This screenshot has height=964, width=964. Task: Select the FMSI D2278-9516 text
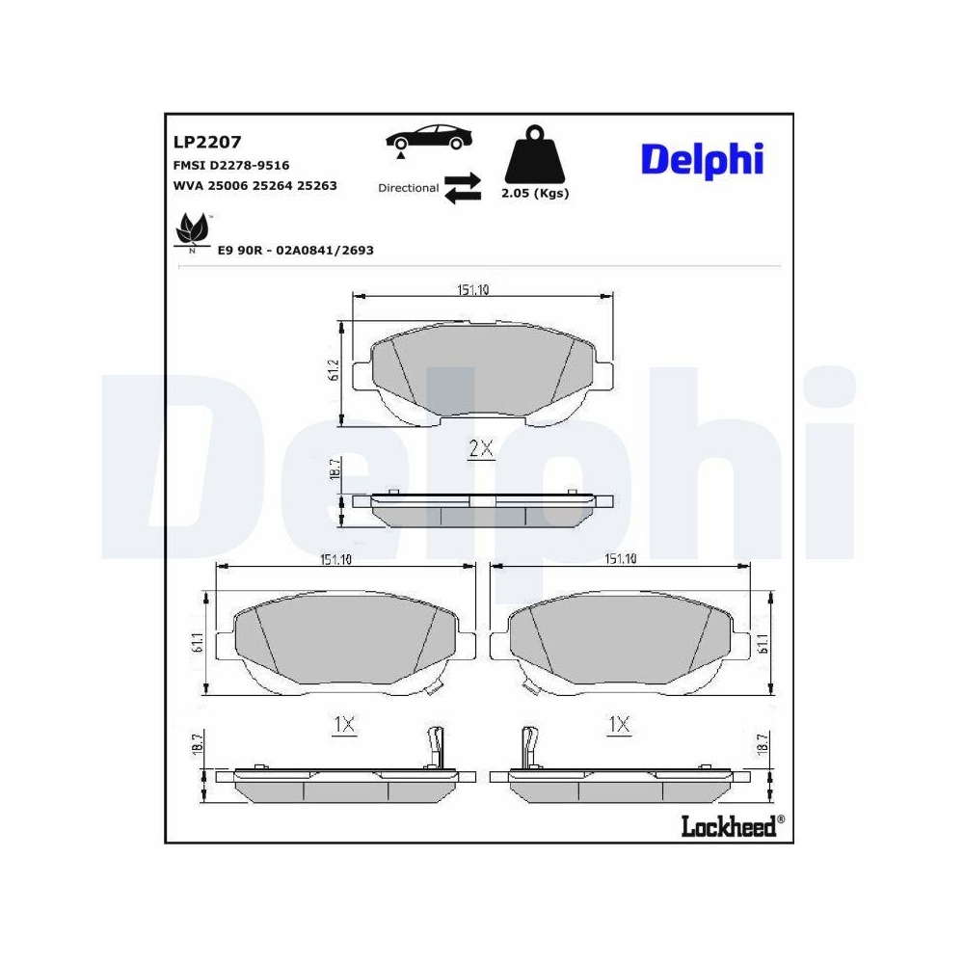tap(231, 165)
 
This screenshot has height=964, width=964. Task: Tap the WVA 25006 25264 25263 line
tap(254, 185)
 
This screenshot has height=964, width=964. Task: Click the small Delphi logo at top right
tap(702, 160)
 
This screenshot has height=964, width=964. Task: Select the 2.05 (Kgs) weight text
tap(535, 193)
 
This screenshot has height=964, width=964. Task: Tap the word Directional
tap(408, 188)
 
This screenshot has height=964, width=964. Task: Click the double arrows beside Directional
tap(462, 188)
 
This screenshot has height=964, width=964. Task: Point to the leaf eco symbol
tap(191, 232)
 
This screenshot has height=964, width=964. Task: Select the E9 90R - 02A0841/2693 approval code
tap(295, 250)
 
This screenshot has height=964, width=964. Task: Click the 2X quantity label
tap(480, 448)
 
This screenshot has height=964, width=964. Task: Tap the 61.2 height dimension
tap(335, 372)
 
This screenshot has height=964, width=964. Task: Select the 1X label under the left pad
tap(343, 725)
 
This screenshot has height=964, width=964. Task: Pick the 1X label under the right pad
tap(618, 725)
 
